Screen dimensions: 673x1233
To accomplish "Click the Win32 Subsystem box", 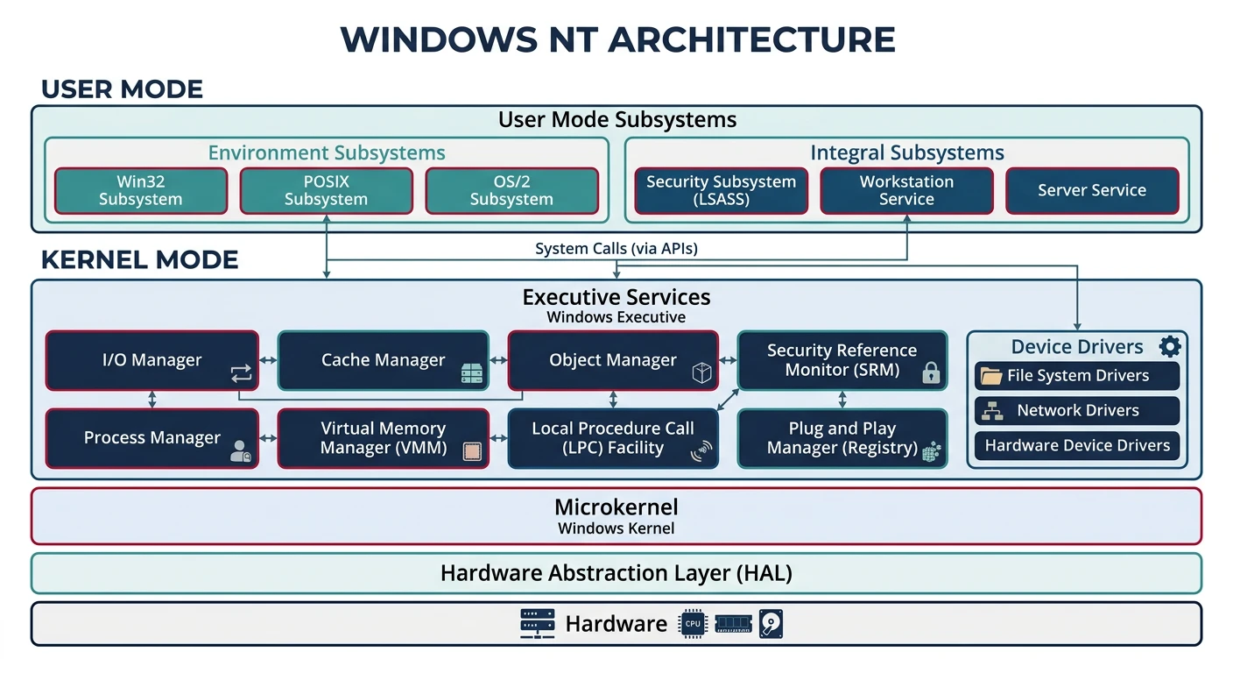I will coord(140,191).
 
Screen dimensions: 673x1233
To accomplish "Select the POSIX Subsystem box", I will coord(326,191).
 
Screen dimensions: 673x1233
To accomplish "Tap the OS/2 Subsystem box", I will coord(511,191).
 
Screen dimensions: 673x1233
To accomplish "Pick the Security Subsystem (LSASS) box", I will coord(721,191).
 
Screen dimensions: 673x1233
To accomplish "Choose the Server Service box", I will coord(1091,191).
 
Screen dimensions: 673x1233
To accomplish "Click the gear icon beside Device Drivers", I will coord(1170,346).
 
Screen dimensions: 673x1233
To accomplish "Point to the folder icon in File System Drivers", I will coord(991,376).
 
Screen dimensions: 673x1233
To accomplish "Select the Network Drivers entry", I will coord(1077,410).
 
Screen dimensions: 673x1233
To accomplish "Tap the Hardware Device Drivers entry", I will coord(1077,445).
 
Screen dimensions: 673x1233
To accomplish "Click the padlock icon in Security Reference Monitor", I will coord(931,373).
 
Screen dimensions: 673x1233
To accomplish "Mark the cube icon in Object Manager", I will coord(701,374).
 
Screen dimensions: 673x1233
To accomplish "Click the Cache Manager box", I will coord(383,360).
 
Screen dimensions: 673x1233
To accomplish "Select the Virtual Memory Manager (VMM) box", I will coord(383,438).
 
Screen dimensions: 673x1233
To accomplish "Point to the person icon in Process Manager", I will coord(240,452).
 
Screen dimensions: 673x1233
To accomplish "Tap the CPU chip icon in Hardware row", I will coord(692,624).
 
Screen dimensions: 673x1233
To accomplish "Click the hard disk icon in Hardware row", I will coord(771,624).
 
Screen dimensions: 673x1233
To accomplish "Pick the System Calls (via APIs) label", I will coord(616,249).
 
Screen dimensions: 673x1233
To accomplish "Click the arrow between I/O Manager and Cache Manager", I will coord(268,360).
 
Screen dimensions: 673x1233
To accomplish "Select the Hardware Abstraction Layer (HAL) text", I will coord(616,574).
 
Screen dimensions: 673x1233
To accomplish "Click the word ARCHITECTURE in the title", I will coord(751,40).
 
